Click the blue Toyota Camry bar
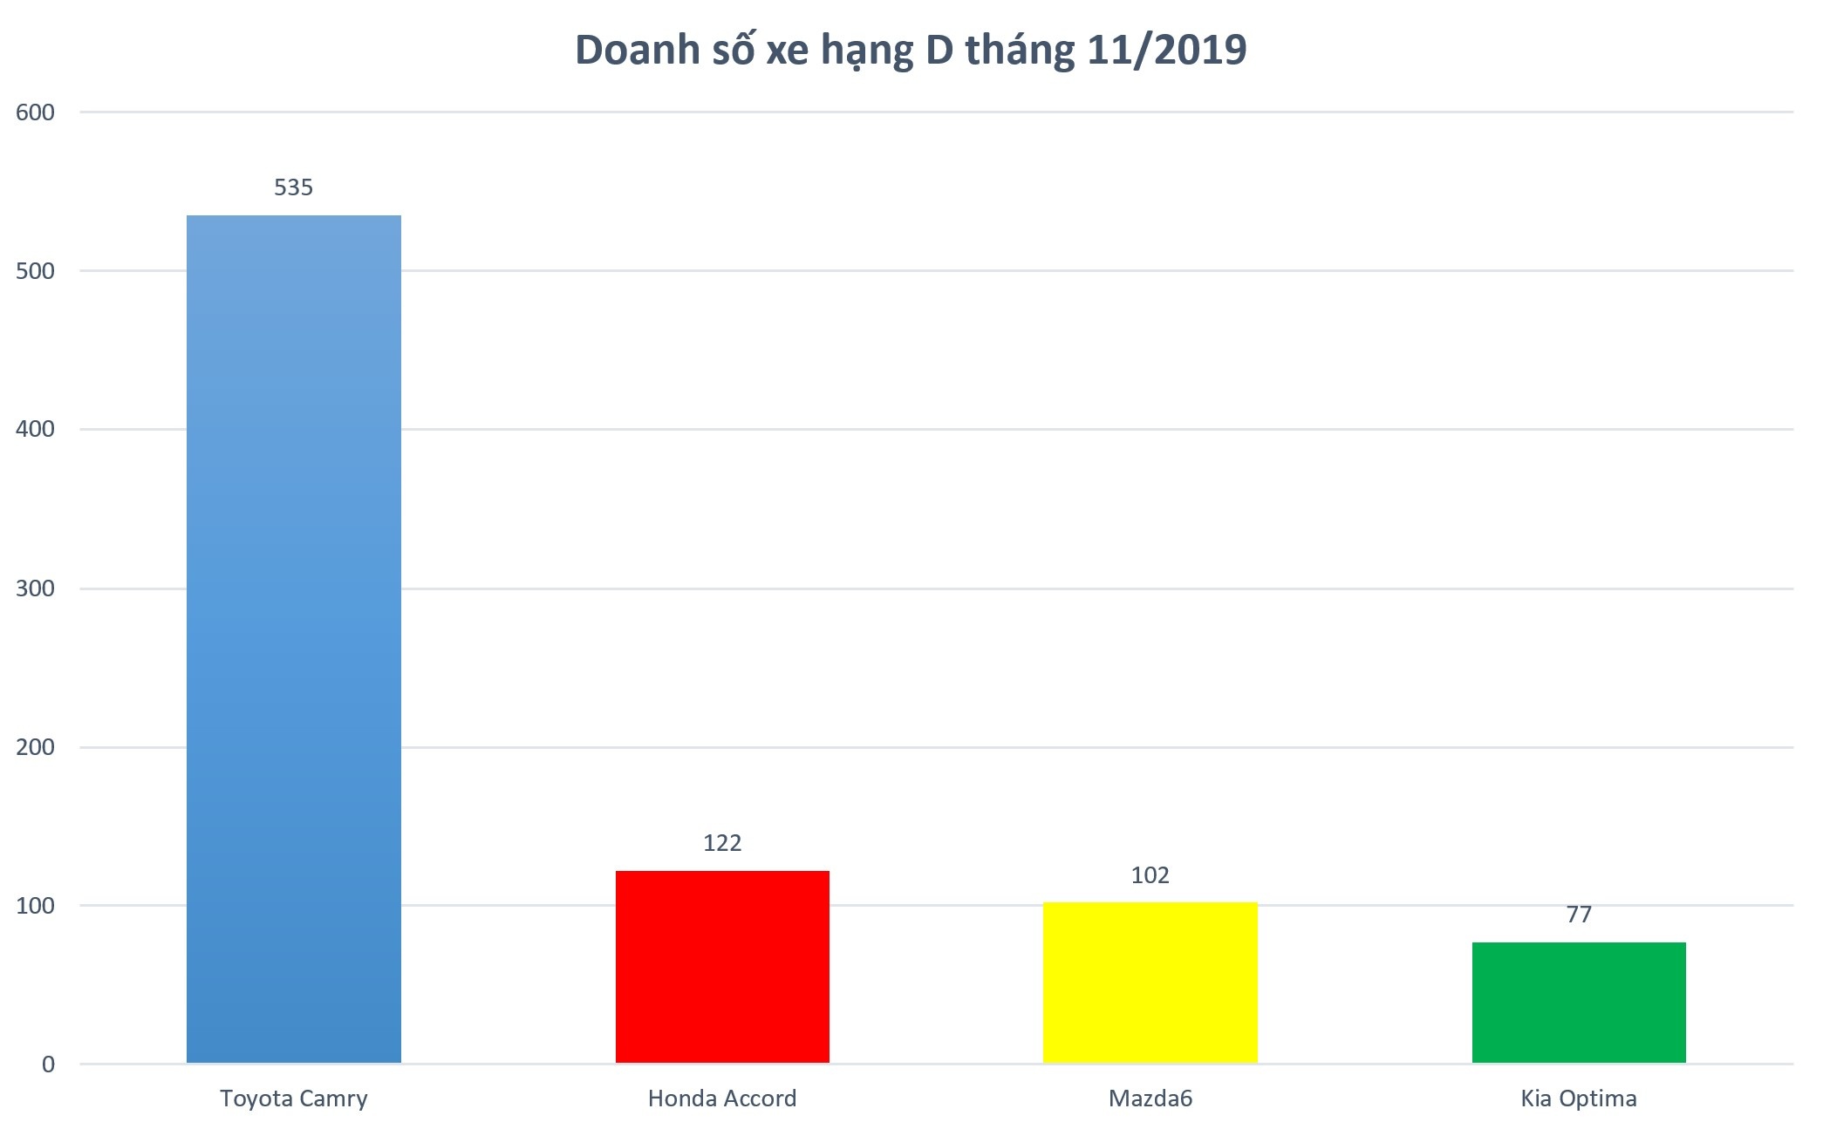coord(293,638)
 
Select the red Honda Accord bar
coord(722,966)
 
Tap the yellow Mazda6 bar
coord(1150,982)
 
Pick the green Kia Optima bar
coord(1579,1002)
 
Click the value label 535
coord(293,187)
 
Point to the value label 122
coord(722,843)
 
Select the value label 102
coord(1150,875)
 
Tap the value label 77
coord(1579,915)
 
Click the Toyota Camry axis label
coord(293,1098)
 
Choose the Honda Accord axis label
coord(722,1098)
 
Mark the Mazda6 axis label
coord(1150,1098)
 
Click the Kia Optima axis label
coord(1579,1098)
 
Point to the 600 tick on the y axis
coord(35,112)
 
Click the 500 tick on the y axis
coord(35,271)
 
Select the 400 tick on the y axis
coord(35,429)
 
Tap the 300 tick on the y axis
coord(35,588)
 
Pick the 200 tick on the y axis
coord(35,747)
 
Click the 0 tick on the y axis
coord(48,1064)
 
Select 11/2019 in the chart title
coord(1167,50)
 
